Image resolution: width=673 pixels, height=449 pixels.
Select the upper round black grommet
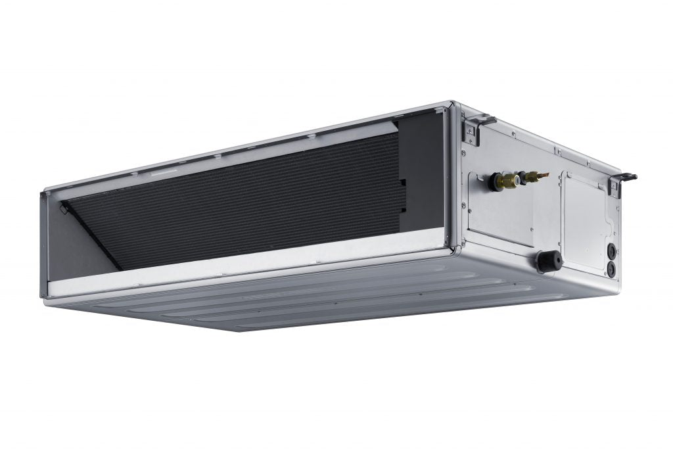pyautogui.click(x=611, y=250)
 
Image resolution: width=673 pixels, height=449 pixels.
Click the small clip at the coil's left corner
pyautogui.click(x=64, y=209)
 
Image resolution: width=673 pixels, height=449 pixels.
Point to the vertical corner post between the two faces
pyautogui.click(x=453, y=177)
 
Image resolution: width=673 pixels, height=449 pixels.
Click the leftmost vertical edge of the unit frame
pyautogui.click(x=44, y=243)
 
